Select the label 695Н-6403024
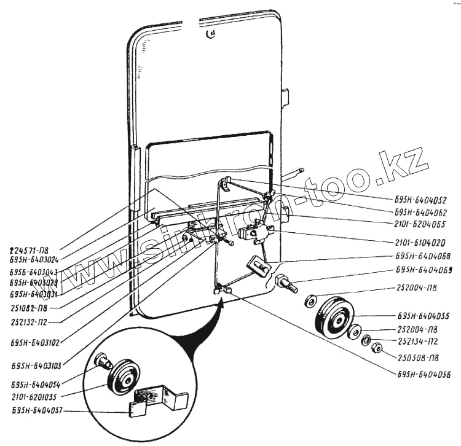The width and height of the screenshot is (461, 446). coord(35,260)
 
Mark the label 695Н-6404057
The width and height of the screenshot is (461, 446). coord(36,411)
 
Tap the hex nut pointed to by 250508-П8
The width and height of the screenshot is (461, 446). coord(379,349)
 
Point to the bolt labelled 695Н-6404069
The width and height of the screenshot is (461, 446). coord(286,284)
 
